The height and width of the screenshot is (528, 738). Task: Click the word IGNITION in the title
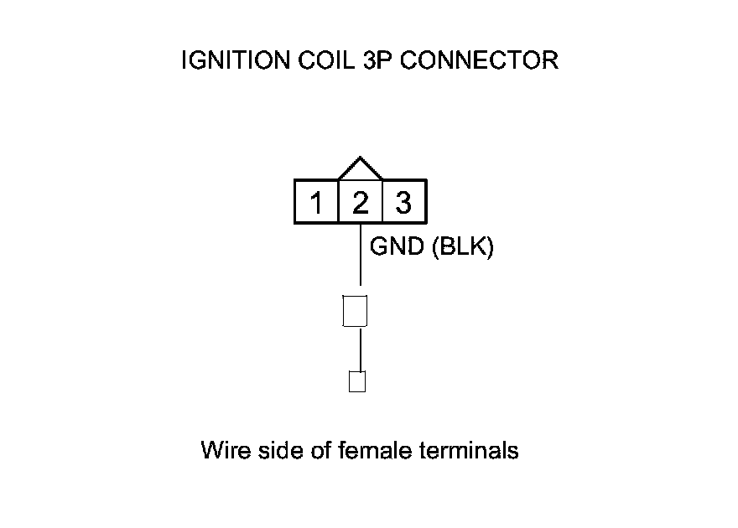226,61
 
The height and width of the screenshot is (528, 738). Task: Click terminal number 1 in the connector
317,204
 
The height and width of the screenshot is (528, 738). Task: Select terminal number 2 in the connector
360,204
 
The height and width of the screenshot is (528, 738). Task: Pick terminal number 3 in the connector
403,204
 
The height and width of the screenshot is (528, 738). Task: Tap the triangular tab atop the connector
360,168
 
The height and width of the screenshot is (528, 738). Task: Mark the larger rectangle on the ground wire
356,310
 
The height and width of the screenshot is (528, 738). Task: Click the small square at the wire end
356,381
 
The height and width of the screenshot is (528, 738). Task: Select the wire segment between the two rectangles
361,349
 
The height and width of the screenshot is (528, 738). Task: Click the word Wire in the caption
223,451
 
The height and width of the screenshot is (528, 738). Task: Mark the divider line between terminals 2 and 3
382,202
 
